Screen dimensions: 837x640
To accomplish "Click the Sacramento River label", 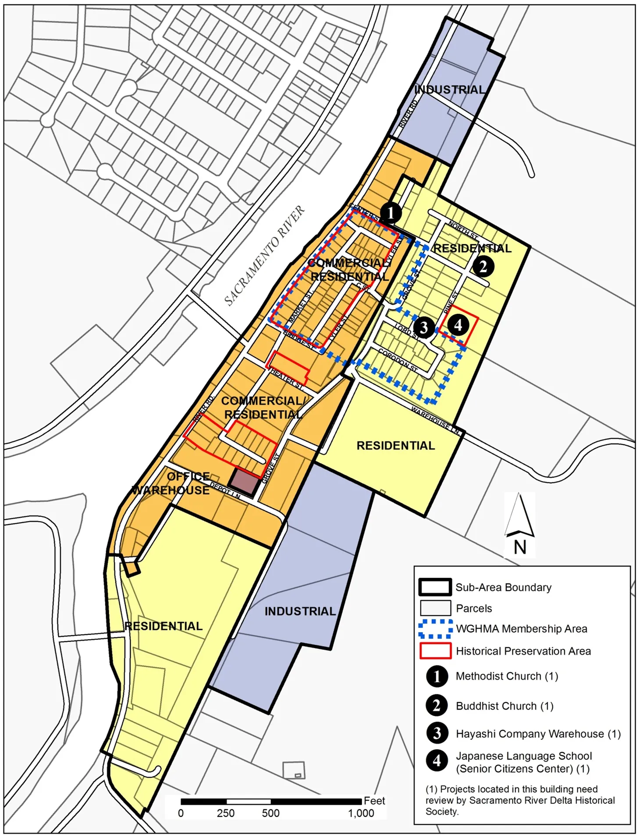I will point(264,256).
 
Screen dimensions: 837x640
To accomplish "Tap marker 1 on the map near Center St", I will point(391,213).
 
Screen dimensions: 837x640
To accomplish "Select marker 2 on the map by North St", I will point(483,266).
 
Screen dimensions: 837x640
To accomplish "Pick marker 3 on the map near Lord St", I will point(423,327).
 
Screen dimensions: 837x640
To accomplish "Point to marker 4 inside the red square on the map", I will point(458,325).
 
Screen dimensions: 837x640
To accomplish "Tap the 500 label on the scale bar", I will point(270,813).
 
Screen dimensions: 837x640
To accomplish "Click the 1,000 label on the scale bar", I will point(361,813).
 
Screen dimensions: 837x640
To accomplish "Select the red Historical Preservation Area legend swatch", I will point(435,651).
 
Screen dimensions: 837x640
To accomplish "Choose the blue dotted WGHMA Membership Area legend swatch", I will point(435,629).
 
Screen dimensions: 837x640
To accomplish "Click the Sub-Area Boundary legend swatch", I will point(435,587).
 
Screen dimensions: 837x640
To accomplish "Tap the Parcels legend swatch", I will point(435,608).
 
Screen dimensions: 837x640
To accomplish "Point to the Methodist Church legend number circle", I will point(437,676).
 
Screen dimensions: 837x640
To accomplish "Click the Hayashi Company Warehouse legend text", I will point(538,733).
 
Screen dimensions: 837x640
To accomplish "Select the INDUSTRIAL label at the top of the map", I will point(450,90).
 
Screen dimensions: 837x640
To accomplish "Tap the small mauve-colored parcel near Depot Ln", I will point(245,482).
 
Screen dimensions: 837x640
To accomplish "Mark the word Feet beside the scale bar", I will point(374,801).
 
